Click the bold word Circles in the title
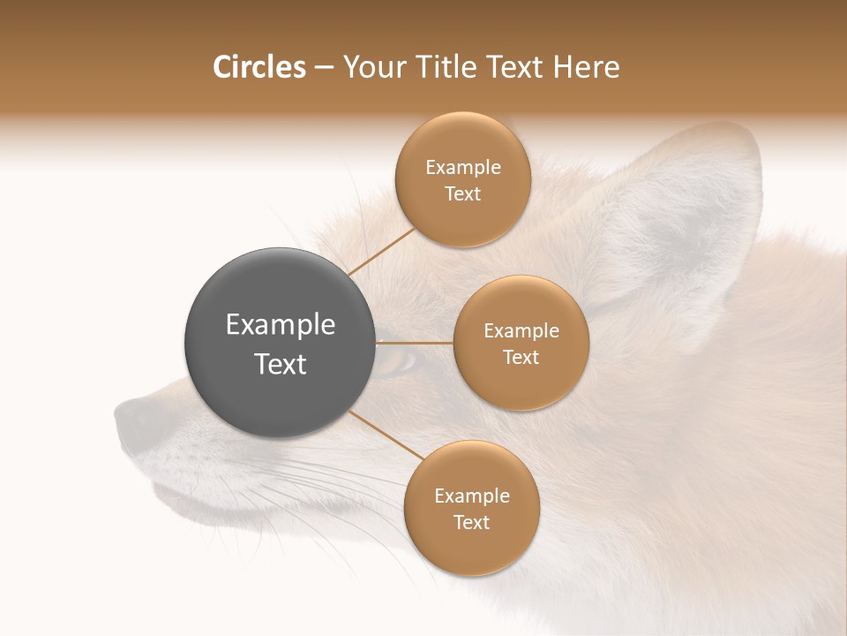(x=259, y=67)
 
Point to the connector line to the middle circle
(x=415, y=343)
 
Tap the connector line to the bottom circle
(x=386, y=435)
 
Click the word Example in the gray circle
(x=280, y=325)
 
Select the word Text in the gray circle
(x=280, y=364)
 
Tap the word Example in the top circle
(x=462, y=168)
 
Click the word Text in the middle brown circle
(x=521, y=358)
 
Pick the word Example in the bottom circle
(x=471, y=496)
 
